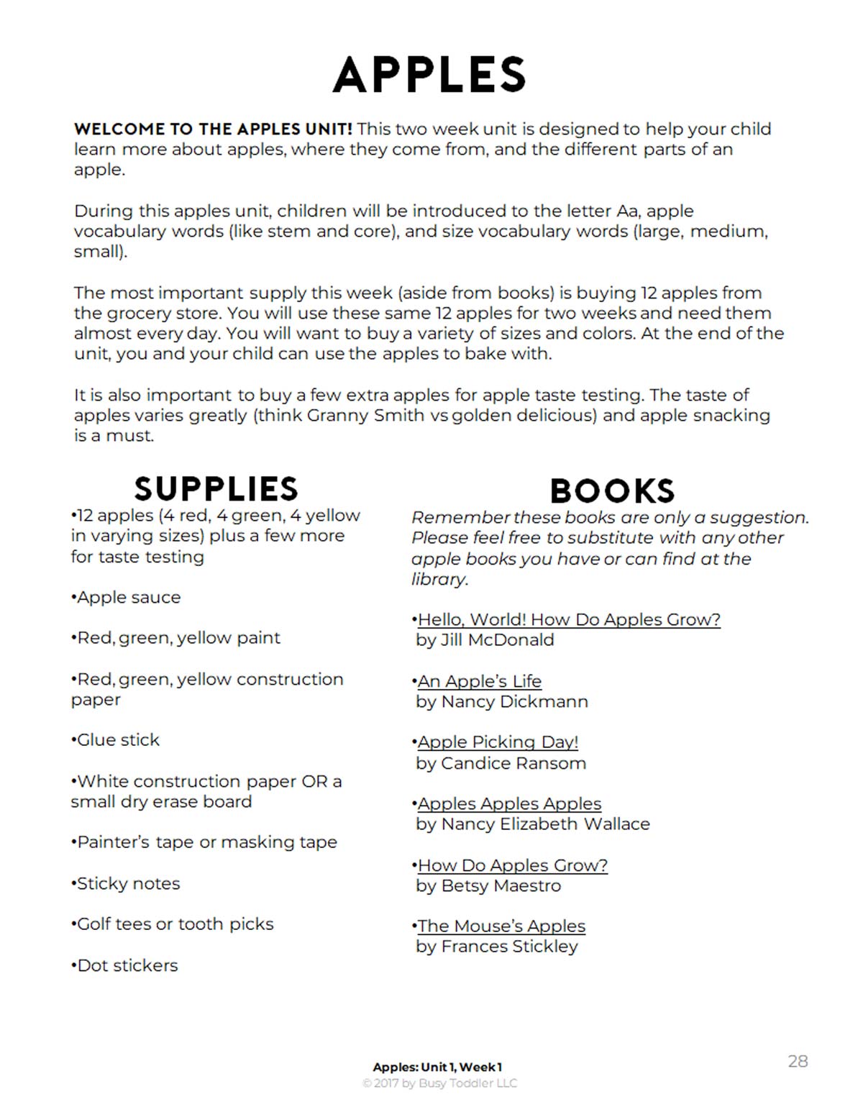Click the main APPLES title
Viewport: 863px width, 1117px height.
429,75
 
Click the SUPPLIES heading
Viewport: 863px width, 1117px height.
216,489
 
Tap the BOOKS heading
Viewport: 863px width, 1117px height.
612,491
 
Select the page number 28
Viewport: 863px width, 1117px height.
798,1061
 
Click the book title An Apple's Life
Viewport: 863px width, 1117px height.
480,681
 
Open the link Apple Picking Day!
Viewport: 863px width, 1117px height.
498,742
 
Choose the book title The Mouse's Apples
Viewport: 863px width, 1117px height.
501,926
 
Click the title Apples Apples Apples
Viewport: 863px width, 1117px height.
509,803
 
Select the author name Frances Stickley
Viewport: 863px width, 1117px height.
509,947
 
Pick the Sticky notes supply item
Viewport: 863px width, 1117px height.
127,884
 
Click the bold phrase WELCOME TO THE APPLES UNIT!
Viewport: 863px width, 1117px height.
213,129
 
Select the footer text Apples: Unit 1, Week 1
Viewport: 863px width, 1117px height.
437,1067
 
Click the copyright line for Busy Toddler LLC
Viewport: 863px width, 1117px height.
439,1083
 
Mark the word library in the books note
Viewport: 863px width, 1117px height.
439,579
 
